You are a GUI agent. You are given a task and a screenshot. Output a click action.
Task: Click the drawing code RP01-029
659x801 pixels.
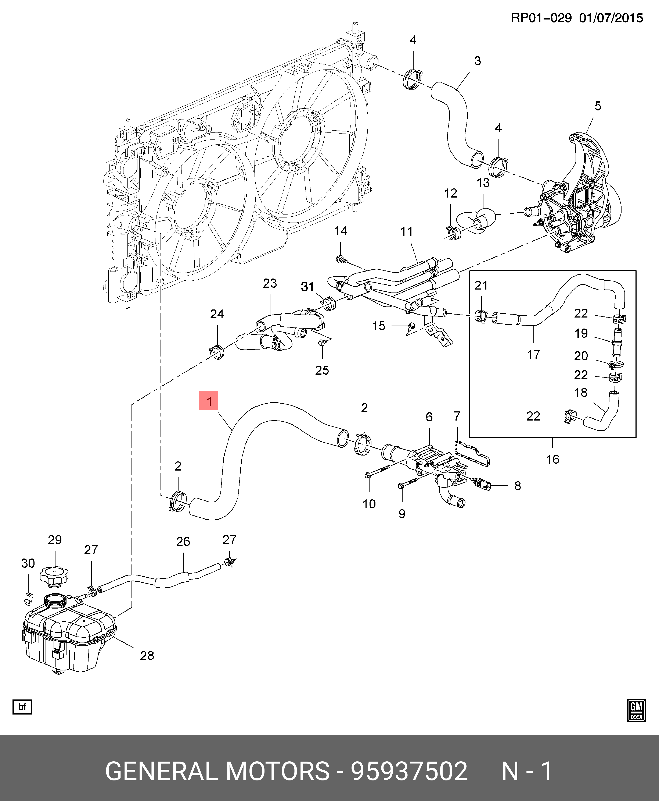pos(541,18)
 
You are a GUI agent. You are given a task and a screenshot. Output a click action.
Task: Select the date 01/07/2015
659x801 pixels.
pos(611,18)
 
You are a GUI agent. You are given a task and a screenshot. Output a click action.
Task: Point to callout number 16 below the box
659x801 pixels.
pos(553,459)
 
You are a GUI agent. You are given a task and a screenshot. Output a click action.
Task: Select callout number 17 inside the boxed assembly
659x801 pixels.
pos(534,355)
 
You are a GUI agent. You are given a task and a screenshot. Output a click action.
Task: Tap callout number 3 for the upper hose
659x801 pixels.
pos(478,61)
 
